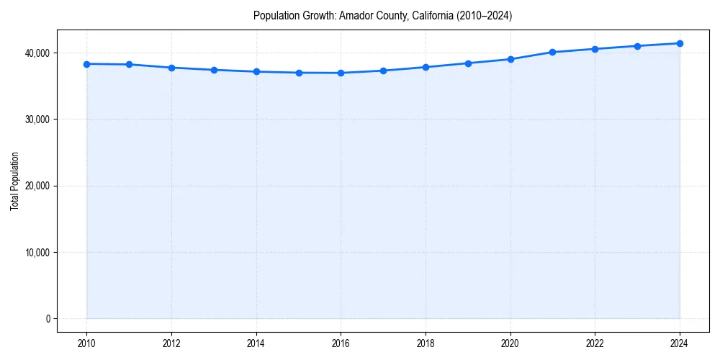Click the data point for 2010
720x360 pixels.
[86, 64]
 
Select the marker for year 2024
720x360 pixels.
[680, 43]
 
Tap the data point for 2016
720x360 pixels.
[341, 73]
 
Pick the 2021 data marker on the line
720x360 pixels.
[552, 52]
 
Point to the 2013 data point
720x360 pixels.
[214, 70]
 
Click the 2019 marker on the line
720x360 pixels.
[468, 63]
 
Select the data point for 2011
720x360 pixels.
[129, 65]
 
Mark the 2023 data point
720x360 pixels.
[637, 46]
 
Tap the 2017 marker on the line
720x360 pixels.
[383, 71]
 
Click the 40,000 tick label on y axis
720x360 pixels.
[36, 53]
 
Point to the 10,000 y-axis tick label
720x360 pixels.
[36, 253]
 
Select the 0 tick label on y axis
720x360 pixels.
[48, 319]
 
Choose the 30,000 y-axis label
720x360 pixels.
[36, 120]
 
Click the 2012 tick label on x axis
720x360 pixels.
[171, 343]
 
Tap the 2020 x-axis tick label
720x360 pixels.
[510, 343]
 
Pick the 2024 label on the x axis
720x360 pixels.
[680, 343]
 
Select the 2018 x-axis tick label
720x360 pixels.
[426, 343]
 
